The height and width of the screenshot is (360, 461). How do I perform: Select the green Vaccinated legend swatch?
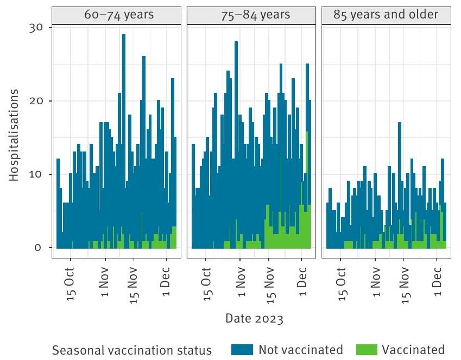[x=367, y=349]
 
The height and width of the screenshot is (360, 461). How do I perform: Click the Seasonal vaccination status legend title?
[x=132, y=349]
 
